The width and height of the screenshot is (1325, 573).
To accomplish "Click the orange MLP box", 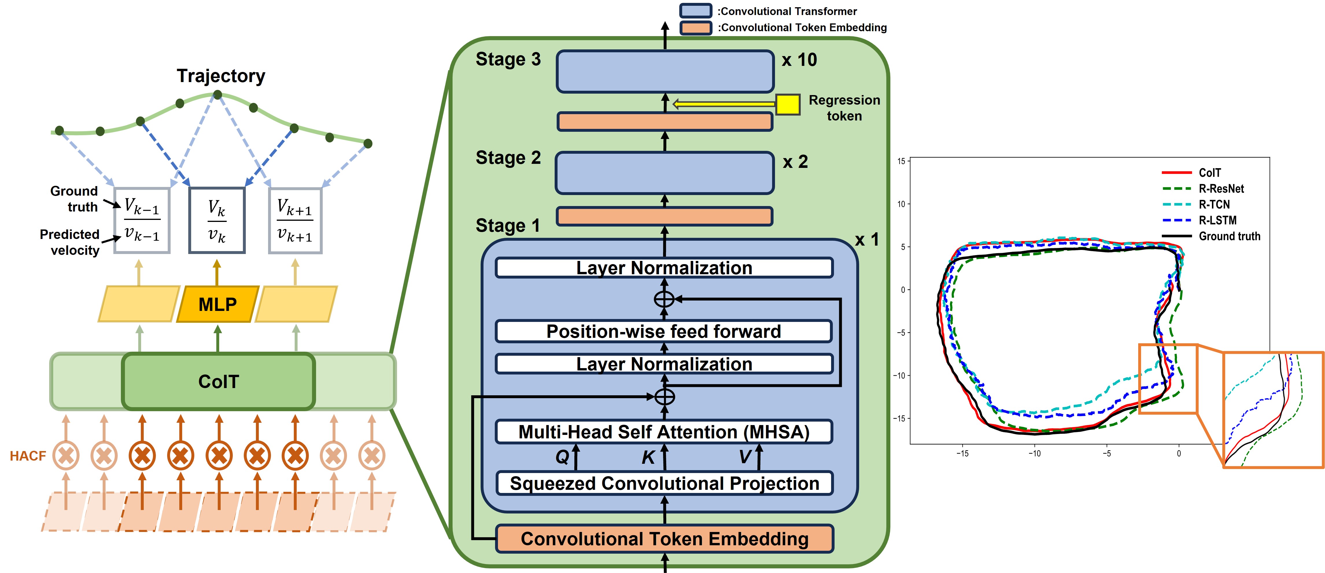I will point(217,304).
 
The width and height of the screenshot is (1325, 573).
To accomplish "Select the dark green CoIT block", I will point(219,381).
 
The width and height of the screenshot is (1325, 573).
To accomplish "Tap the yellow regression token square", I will point(787,104).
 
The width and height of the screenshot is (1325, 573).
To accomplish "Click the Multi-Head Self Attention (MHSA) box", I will point(664,432).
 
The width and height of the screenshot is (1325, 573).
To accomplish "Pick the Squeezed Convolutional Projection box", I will point(664,483).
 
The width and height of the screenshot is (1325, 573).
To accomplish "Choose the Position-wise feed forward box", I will point(664,331).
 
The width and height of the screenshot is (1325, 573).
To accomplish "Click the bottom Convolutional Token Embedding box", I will point(664,539).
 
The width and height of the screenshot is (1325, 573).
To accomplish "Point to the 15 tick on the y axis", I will point(901,161).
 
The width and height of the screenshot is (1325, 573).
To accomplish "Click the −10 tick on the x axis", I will point(1034,453).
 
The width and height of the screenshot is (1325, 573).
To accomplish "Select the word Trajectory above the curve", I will point(221,76).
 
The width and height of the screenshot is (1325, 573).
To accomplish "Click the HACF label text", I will point(28,456).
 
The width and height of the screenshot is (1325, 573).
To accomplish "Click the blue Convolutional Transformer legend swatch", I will point(695,11).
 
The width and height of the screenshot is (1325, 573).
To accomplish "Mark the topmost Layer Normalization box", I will point(664,268).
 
